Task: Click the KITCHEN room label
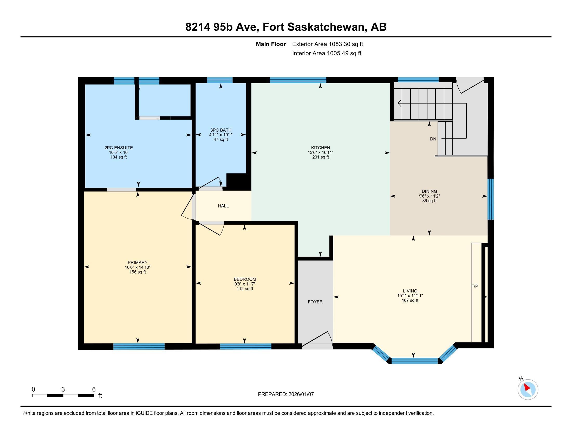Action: click(x=320, y=148)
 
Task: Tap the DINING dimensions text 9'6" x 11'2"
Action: click(x=429, y=196)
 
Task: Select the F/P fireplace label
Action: click(x=474, y=286)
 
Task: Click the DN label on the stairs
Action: click(x=433, y=139)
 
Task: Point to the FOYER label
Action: click(x=315, y=302)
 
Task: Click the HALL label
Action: click(x=223, y=206)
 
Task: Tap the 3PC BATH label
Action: click(x=220, y=130)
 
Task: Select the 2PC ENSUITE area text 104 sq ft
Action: click(x=118, y=157)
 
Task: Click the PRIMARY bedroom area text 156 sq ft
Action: click(x=138, y=272)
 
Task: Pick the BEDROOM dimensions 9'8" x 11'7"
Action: click(x=245, y=284)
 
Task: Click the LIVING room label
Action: click(x=410, y=291)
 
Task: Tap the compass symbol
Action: click(x=528, y=389)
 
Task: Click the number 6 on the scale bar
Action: click(x=94, y=389)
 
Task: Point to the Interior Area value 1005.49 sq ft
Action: click(x=344, y=53)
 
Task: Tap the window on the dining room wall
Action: click(x=491, y=199)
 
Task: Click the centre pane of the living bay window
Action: click(x=414, y=361)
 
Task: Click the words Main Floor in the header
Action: click(x=271, y=44)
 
